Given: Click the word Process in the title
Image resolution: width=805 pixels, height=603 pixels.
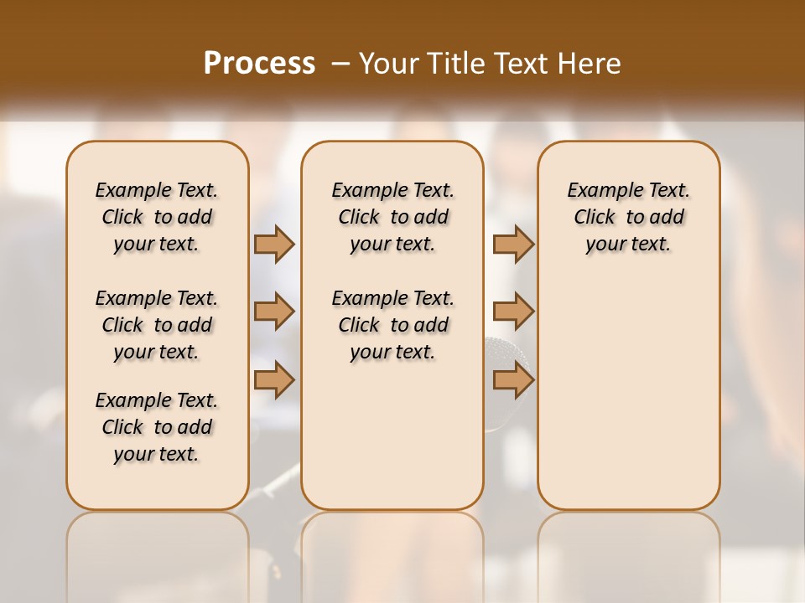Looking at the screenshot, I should pos(259,64).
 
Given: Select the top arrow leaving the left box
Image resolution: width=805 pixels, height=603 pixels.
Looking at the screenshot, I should pos(274,244).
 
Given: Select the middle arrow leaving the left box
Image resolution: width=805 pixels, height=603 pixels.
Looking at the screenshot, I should pos(274,312).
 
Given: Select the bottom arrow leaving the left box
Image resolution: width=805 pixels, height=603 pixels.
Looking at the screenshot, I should pos(274,380).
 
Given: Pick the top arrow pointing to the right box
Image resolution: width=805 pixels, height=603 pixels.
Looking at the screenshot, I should pos(513,244).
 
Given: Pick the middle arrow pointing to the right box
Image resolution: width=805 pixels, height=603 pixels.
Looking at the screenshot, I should pos(513,312).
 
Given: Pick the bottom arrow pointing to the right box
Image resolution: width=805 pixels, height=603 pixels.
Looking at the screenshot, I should pos(513,380).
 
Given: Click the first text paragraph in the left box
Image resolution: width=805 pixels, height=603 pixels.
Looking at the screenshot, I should pos(157,217).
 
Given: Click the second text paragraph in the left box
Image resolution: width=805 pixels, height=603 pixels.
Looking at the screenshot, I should pos(157,325).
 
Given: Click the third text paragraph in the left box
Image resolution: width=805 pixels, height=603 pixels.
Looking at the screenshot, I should pos(157,427).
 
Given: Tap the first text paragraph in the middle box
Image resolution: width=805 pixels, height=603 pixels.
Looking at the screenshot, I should pos(392,217).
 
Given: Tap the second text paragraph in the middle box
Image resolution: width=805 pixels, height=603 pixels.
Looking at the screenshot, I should pos(392,325).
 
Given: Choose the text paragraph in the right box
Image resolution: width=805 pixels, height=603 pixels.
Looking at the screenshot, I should pos(628,217).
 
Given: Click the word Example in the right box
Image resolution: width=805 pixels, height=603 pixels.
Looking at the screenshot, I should pos(597,191).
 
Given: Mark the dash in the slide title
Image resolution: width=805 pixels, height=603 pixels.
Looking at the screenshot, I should pos(340,64).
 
